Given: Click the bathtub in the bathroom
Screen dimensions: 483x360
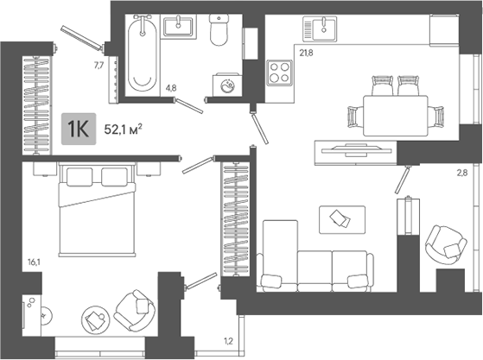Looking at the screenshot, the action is coord(143,54).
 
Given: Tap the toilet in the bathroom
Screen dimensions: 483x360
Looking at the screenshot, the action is coord(219,30).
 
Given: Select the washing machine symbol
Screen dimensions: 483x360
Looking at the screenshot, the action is coord(227,85).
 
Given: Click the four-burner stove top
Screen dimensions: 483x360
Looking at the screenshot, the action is coord(279,73).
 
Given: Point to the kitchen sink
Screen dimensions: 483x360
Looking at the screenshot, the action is coord(320,29).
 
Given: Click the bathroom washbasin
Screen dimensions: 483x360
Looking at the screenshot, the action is coord(178,27).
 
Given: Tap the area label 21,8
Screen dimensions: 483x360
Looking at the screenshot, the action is coord(306,53).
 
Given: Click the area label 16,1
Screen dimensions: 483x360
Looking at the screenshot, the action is coord(34,262).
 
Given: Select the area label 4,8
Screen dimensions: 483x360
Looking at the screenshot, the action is coord(171,88).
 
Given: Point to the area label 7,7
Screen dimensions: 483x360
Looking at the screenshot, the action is coord(99,65).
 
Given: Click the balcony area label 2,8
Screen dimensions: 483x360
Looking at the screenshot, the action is coord(462,173).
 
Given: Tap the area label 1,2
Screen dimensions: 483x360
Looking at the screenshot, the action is coord(228,341).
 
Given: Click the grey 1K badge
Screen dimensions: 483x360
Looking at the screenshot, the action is coord(79,129).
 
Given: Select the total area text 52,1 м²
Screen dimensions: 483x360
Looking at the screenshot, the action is coord(124,129).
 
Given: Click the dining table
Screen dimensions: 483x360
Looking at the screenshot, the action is coord(396,116).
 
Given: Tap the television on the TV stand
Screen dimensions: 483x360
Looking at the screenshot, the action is coord(356,150).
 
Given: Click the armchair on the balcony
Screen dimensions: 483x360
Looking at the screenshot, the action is coord(446,245).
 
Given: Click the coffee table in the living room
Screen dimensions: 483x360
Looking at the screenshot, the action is coord(342,219).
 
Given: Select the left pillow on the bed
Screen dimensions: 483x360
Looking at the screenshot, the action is coord(79,177).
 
